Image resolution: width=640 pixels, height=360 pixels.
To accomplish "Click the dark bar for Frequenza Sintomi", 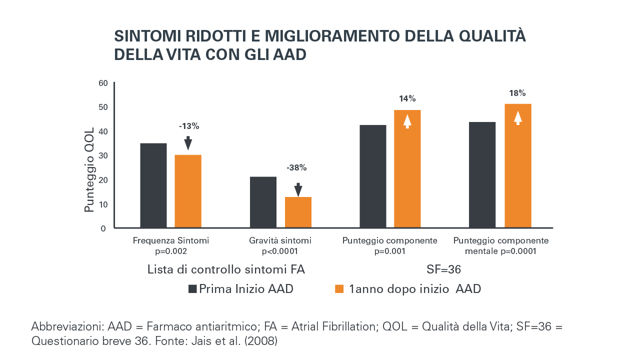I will pyautogui.click(x=153, y=185).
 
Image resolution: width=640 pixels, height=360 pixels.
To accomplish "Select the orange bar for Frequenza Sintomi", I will pyautogui.click(x=188, y=191).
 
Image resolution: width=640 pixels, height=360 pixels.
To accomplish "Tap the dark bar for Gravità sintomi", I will pyautogui.click(x=263, y=202).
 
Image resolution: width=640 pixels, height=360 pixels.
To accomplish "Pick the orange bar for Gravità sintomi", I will pyautogui.click(x=298, y=212).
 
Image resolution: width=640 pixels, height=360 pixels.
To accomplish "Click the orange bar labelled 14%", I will pyautogui.click(x=407, y=169).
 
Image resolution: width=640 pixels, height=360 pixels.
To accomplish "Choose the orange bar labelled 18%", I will pyautogui.click(x=518, y=166).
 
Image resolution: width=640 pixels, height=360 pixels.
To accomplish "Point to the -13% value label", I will pyautogui.click(x=189, y=126).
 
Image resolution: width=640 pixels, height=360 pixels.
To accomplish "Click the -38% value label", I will pyautogui.click(x=296, y=168).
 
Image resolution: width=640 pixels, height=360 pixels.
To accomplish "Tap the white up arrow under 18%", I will pyautogui.click(x=518, y=118).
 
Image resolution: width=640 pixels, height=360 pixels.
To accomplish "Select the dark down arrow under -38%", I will pyautogui.click(x=298, y=189).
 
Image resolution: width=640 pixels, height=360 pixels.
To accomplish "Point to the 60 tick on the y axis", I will pyautogui.click(x=103, y=83).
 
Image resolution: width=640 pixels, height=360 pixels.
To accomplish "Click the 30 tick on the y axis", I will pyautogui.click(x=103, y=155).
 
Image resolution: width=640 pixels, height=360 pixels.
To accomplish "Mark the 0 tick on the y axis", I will pyautogui.click(x=103, y=228).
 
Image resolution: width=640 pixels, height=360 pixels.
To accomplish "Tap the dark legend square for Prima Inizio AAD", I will pyautogui.click(x=192, y=289).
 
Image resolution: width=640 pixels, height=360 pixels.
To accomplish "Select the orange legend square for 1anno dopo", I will pyautogui.click(x=339, y=289).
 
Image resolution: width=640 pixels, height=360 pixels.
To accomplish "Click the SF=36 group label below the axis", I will pyautogui.click(x=443, y=269).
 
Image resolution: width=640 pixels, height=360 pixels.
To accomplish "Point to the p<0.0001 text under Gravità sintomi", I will pyautogui.click(x=280, y=251).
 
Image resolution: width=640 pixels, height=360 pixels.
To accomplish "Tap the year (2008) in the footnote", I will pyautogui.click(x=262, y=341).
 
